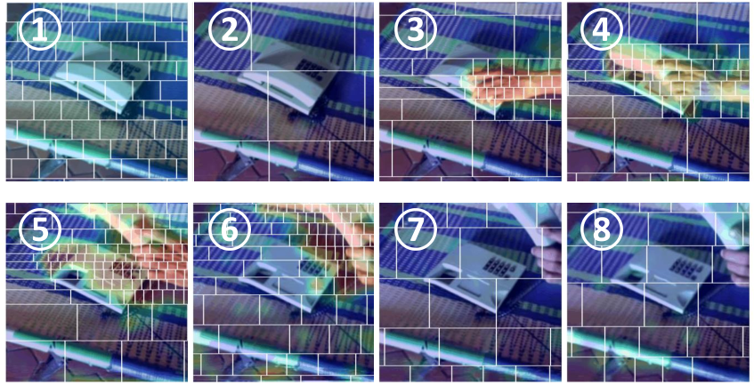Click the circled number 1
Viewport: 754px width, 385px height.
tap(40, 28)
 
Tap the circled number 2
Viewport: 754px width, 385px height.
tap(230, 28)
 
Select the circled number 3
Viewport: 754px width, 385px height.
tap(416, 28)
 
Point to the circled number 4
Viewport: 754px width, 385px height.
tap(601, 28)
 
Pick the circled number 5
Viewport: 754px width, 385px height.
tap(40, 229)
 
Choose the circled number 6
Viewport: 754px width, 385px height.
tap(230, 229)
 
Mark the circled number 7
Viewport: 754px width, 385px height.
tap(416, 229)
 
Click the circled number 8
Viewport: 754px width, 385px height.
tap(601, 229)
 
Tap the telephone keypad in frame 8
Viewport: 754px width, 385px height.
tap(685, 266)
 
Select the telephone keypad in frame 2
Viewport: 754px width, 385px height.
tap(309, 68)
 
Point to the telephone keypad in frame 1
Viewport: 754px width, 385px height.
tap(121, 68)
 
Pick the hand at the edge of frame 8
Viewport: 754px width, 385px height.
tap(737, 266)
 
